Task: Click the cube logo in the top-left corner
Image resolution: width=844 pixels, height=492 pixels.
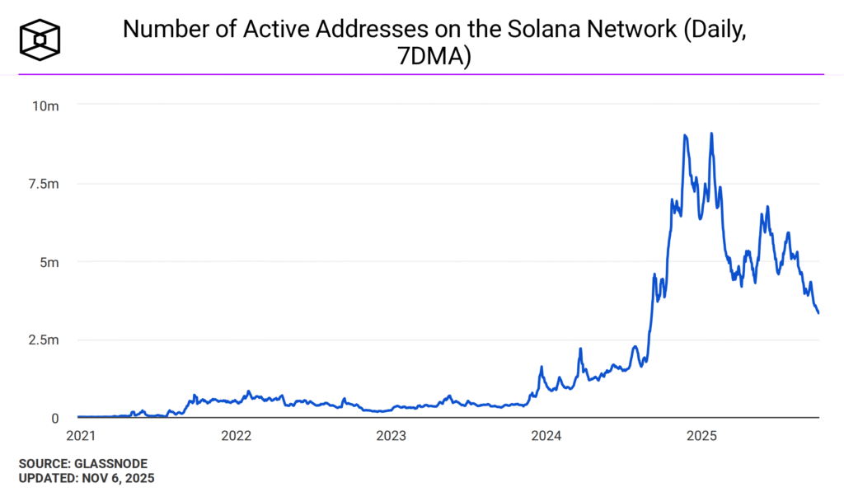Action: pos(40,38)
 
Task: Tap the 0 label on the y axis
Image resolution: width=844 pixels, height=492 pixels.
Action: pos(54,418)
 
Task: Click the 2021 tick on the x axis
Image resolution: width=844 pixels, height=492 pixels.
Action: pos(81,434)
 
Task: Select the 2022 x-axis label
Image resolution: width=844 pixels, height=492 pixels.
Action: pos(237,434)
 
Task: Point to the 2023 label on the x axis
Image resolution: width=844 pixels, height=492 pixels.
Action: pos(392,434)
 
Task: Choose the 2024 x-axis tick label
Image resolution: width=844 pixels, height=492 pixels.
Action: pos(547,434)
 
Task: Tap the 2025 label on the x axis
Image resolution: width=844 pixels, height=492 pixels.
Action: pos(702,434)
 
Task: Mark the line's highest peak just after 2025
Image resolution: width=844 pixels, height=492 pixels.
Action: pos(711,134)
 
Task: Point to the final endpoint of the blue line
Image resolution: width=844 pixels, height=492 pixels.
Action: pos(818,312)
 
